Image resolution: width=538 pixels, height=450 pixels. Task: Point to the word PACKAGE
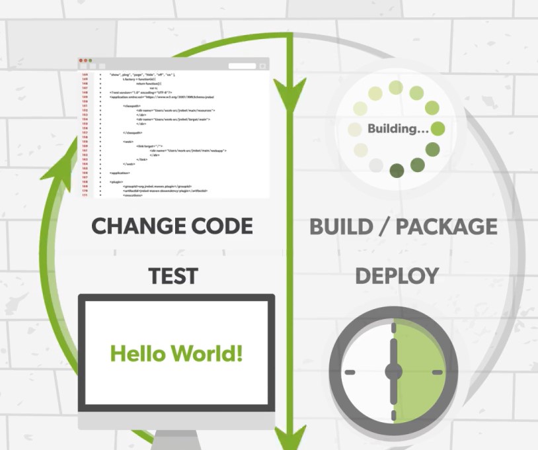click(447, 226)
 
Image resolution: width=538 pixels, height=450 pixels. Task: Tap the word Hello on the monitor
click(137, 353)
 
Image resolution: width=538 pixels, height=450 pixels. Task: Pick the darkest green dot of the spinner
click(397, 171)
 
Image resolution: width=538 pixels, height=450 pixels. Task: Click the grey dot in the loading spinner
click(376, 165)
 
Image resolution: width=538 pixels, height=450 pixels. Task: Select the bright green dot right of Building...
click(438, 128)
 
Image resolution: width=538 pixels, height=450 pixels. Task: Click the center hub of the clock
click(393, 372)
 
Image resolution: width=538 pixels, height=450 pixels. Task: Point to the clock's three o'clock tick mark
click(437, 372)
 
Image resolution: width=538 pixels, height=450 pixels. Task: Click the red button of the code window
click(81, 60)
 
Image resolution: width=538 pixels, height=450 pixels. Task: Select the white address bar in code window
click(242, 66)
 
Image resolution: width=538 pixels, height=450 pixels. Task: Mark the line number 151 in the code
click(85, 106)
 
